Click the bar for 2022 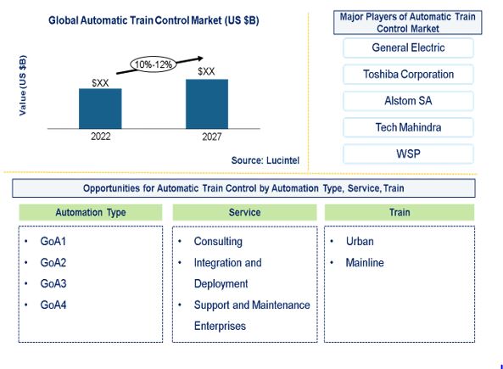pos(100,109)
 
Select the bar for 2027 pos(207,104)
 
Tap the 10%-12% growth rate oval pos(154,64)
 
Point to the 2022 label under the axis pos(100,137)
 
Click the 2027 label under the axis pos(212,137)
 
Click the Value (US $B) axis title pos(22,86)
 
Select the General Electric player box pos(408,48)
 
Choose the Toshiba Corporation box pos(408,75)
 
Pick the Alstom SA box pos(408,101)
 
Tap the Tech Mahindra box pos(408,127)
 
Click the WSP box pos(408,154)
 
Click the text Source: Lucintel pos(265,160)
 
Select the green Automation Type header pos(91,212)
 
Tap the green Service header pos(245,212)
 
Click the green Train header pos(400,212)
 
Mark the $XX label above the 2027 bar pos(206,71)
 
